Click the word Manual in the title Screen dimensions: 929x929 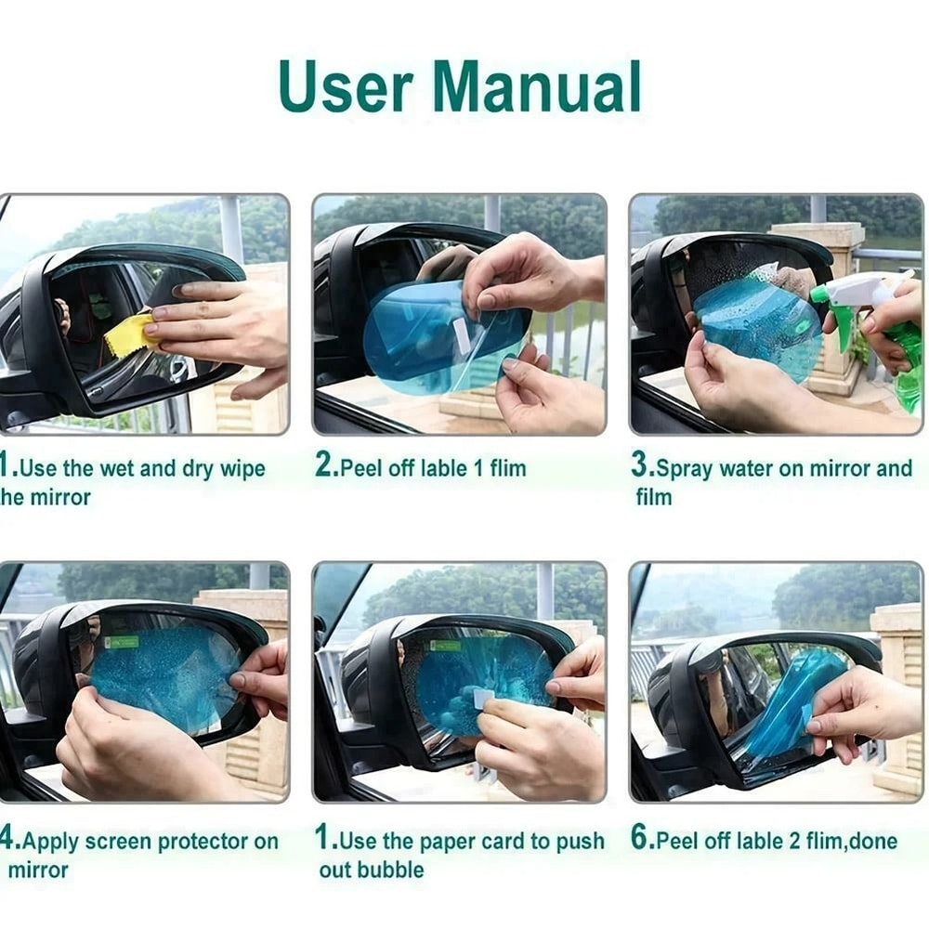click(x=537, y=87)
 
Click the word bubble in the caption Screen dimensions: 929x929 click(x=391, y=870)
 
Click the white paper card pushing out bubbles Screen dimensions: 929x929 click(x=481, y=698)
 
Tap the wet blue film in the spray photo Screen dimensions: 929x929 click(x=752, y=325)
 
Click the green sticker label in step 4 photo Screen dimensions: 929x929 click(x=122, y=642)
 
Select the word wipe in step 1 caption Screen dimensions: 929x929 click(x=242, y=469)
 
